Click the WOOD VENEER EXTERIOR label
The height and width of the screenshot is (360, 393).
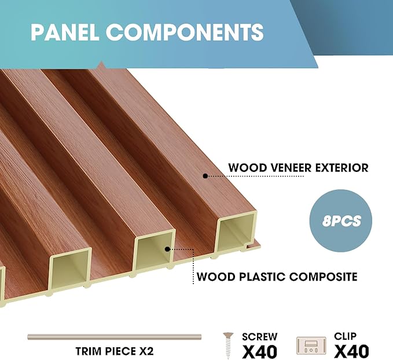[298, 168]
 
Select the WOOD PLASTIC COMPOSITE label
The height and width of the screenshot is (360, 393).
[277, 277]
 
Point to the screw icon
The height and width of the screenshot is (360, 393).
[229, 346]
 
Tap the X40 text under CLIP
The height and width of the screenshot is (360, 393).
[351, 351]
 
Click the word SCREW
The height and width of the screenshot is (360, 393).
[259, 336]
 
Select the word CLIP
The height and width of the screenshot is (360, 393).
[346, 336]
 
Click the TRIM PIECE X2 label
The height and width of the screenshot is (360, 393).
[114, 351]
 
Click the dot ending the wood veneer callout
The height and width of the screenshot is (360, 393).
[205, 174]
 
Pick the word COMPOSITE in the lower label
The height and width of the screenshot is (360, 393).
[324, 277]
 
